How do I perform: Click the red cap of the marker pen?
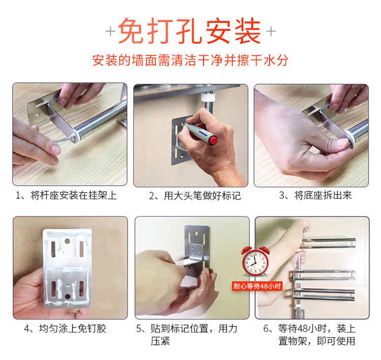213,141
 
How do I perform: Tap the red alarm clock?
255,261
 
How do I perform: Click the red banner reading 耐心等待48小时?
257,286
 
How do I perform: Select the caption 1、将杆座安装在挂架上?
67,196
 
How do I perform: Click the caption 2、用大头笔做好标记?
195,196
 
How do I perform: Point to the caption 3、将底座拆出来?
315,195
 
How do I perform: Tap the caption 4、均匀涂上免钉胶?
65,329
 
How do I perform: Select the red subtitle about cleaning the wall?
190,60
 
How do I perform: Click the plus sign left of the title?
111,32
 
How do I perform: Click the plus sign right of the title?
271,31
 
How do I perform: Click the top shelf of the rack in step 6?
329,243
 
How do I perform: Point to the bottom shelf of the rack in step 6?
324,294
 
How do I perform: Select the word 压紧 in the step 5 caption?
161,341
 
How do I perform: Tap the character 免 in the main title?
132,31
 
